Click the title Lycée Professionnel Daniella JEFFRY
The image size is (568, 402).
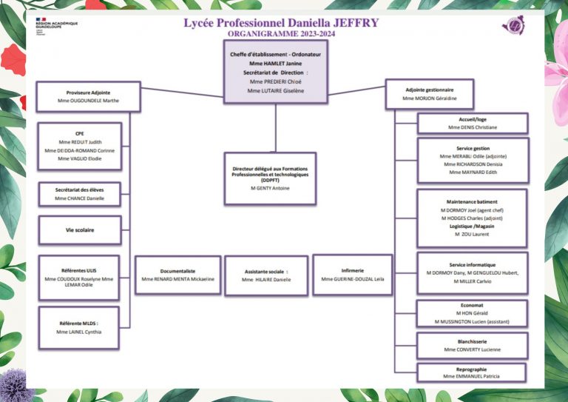[x=281, y=23]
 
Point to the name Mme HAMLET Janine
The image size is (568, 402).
[x=275, y=64]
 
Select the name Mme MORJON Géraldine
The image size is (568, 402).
[x=429, y=98]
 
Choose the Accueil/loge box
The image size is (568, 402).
[x=473, y=123]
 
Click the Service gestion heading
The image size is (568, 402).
[x=473, y=148]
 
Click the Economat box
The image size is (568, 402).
[x=473, y=312]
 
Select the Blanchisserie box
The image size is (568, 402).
[x=473, y=345]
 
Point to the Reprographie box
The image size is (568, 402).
[x=472, y=372]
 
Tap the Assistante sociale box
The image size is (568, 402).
[x=266, y=275]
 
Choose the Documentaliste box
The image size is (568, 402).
[x=177, y=275]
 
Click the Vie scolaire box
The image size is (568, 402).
[x=79, y=230]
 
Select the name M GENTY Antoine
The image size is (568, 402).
[x=270, y=188]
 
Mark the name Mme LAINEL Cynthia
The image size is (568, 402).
[x=78, y=332]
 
